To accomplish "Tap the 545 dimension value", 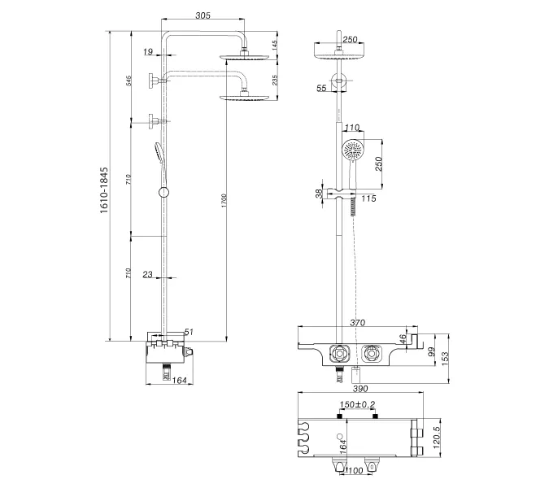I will tap(129, 82).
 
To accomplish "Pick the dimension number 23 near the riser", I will tap(147, 275).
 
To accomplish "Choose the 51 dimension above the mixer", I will tap(189, 331).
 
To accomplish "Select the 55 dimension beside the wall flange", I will tap(323, 87).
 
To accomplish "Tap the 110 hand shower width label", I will tap(351, 128).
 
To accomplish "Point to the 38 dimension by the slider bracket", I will tap(317, 194).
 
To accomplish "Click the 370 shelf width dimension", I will tap(356, 323).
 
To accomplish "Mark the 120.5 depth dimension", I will tap(437, 440).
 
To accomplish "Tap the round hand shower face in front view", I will tap(352, 151).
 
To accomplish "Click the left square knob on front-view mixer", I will tap(338, 354).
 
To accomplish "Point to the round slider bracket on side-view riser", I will tap(165, 192).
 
